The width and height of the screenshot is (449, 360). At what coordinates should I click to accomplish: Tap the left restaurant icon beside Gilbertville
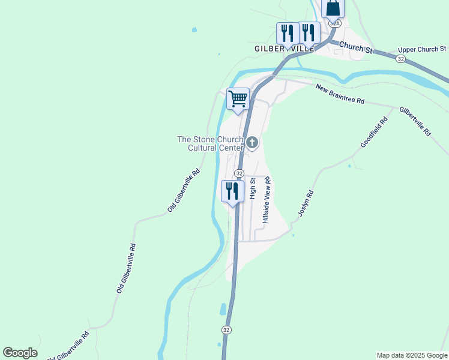tap(286, 34)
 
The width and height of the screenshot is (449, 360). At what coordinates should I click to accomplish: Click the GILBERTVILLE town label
tap(285, 49)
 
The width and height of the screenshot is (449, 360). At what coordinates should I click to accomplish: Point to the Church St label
tap(356, 48)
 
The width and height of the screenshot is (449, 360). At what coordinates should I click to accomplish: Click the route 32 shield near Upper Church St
tap(401, 58)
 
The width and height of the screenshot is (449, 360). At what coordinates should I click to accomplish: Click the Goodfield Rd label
tap(374, 133)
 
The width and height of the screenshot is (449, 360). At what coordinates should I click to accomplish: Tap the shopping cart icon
tap(238, 99)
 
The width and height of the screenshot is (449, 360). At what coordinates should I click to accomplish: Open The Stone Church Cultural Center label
tap(210, 143)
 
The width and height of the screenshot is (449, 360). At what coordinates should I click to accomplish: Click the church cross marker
tap(253, 142)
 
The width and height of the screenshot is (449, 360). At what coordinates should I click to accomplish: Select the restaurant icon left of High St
tap(231, 191)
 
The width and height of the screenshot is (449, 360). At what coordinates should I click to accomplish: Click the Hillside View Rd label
tap(267, 200)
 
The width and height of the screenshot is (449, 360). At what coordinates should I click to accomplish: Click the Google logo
tap(20, 353)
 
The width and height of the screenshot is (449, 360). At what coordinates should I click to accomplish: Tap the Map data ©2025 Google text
tap(412, 355)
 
